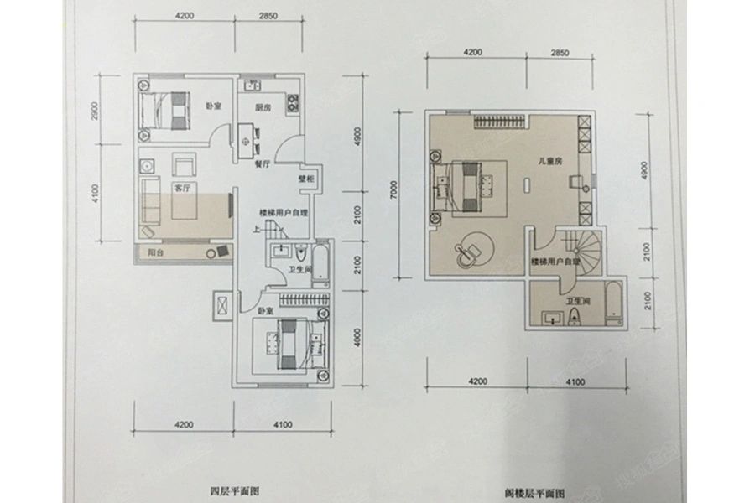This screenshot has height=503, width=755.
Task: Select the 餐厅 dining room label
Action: (x=261, y=164)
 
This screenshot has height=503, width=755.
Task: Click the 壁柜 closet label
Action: (x=305, y=179)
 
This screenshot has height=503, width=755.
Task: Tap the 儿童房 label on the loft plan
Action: (x=549, y=159)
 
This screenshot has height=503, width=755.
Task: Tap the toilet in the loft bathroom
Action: (x=575, y=316)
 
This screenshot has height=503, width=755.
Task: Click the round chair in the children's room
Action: (x=470, y=248)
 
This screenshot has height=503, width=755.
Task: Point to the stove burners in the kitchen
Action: (x=294, y=104)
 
